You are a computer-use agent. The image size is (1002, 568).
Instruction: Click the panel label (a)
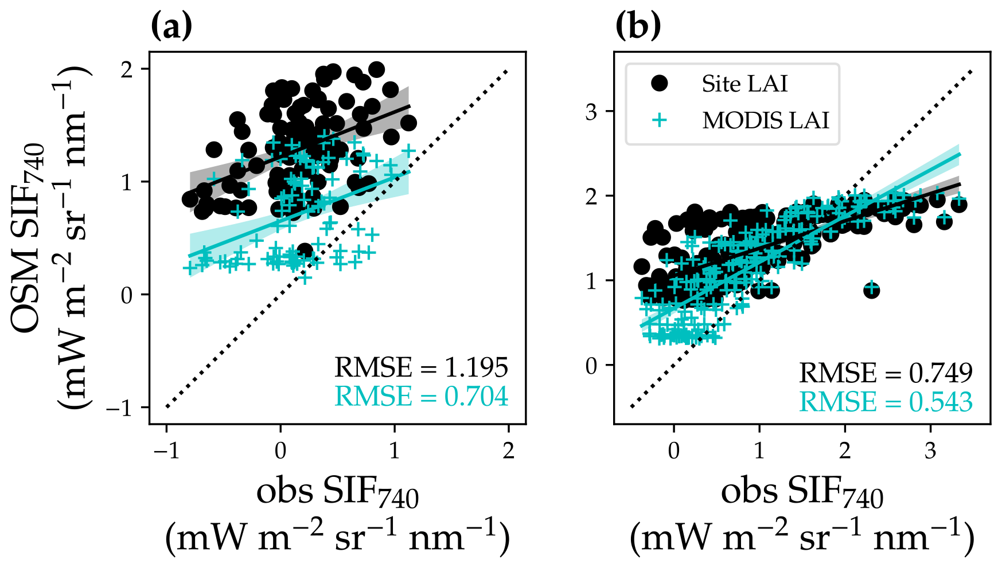[171, 26]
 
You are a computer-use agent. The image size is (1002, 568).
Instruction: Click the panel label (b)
[638, 26]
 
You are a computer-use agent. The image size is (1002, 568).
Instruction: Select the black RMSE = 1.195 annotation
[421, 367]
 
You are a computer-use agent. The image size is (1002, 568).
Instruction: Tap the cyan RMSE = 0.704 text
[421, 397]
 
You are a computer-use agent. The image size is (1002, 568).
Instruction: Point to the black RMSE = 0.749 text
[886, 373]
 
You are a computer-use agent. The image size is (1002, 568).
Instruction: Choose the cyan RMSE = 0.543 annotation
[886, 402]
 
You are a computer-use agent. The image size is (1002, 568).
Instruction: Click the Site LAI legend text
[744, 84]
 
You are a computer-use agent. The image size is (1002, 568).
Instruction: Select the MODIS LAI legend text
[766, 120]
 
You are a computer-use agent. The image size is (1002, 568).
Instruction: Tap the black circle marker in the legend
[660, 84]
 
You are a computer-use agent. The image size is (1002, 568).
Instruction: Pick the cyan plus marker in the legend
[660, 120]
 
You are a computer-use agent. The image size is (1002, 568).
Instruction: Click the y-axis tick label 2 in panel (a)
[127, 69]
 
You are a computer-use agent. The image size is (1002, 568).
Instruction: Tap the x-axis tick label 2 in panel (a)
[509, 451]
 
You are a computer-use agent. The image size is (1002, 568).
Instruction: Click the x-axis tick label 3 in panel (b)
[930, 451]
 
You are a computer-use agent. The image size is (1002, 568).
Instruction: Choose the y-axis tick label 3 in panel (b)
[591, 111]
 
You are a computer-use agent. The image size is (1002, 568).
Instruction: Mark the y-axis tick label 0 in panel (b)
[591, 365]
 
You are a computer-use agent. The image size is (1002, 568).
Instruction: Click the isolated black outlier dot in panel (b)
[871, 290]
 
